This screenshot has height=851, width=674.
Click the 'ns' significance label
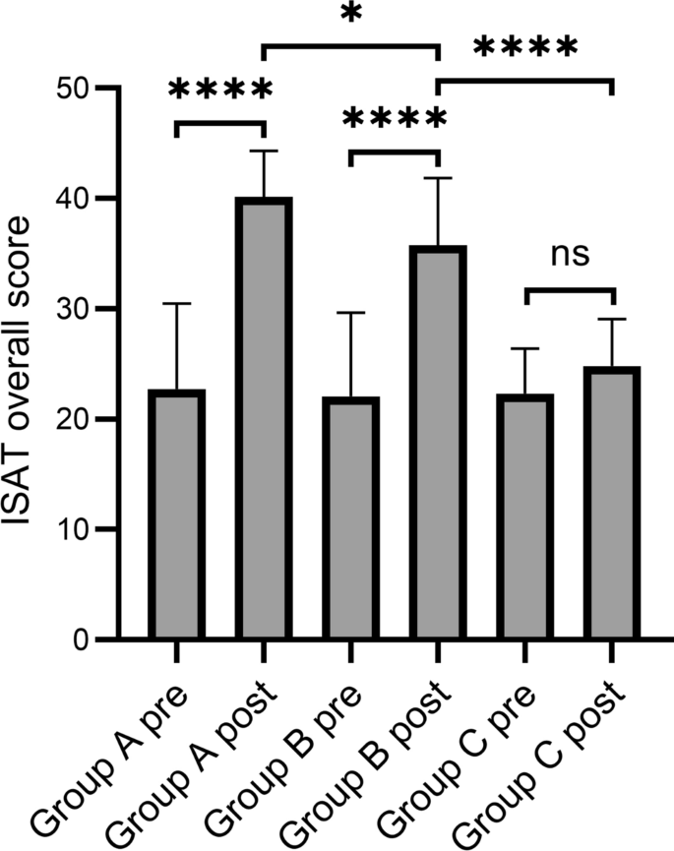pos(568,255)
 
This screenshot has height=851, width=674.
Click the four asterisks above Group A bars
pos(219,91)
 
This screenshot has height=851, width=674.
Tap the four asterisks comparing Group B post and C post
pos(524,48)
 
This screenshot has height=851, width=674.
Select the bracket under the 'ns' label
pos(568,290)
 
